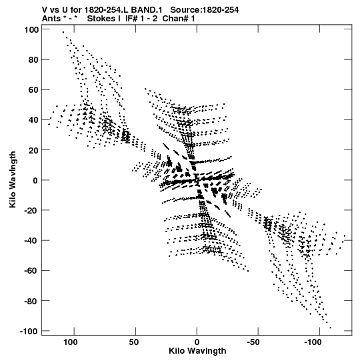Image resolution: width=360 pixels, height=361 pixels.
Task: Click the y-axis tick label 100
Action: point(31,30)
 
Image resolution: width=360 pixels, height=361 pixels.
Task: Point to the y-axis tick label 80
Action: point(33,60)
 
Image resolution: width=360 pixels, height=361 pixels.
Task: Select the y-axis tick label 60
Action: point(33,90)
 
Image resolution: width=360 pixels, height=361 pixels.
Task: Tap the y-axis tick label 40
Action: point(33,120)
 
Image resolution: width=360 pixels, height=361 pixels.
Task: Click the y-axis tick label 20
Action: point(33,150)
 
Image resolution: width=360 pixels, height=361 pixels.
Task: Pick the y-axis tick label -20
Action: point(31,211)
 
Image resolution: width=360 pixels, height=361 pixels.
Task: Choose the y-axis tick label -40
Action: point(31,241)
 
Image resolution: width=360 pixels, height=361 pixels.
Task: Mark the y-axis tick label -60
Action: point(31,271)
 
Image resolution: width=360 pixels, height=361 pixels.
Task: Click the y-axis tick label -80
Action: point(31,301)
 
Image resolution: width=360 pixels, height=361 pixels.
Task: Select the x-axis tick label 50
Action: point(133,342)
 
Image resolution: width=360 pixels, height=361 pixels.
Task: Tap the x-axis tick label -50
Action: point(253,342)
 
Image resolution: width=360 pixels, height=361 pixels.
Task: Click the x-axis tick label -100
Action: point(313,342)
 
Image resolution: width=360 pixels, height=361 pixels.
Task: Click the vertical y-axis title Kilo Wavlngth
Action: point(13,179)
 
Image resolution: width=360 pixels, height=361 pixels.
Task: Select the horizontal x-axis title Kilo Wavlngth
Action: point(197,351)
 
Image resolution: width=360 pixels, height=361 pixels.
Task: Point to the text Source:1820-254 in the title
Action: point(204,10)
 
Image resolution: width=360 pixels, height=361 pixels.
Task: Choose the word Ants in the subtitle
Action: point(51,19)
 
